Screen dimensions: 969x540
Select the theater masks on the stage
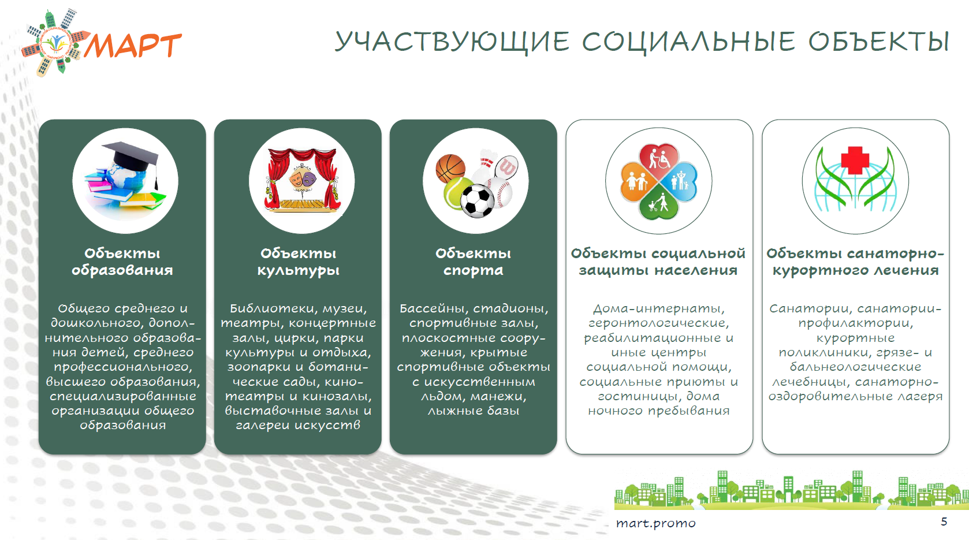pos(302,178)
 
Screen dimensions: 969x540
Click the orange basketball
pos(450,169)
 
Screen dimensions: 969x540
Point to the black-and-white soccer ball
pos(477,201)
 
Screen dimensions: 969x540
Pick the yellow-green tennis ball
pos(458,193)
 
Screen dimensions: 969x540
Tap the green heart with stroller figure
pos(659,203)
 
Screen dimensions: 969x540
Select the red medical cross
pos(855,160)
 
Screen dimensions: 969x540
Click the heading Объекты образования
pos(122,262)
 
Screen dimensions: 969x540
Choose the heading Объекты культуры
pos(298,262)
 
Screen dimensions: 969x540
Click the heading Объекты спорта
pos(474,262)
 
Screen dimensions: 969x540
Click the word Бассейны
pos(434,308)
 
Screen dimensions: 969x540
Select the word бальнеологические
pos(855,367)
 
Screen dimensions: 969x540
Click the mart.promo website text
pos(656,524)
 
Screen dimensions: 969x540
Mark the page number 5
pos(944,522)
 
